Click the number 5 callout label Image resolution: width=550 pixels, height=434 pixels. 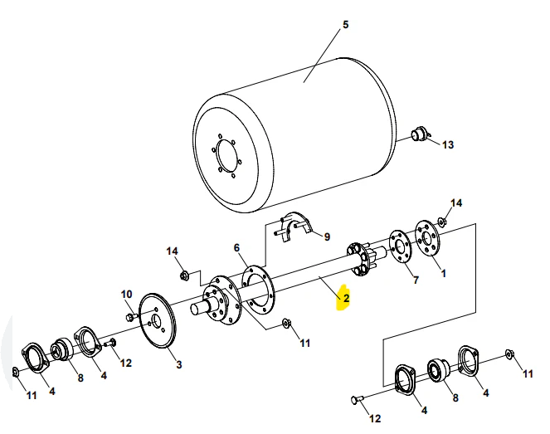coord(346,24)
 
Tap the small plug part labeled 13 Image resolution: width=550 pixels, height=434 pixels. coord(420,134)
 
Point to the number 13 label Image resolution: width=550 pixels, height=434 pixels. coord(448,145)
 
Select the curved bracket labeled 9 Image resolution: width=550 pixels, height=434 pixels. coord(294,225)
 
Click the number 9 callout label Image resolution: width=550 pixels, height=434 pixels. coord(326,237)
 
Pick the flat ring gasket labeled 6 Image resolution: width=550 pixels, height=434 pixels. coord(258,286)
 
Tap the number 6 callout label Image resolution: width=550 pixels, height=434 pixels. coord(236,247)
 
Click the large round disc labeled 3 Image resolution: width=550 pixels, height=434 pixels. coord(157,324)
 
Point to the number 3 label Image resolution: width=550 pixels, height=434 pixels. coord(178,364)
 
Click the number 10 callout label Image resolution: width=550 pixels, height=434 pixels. coord(127,294)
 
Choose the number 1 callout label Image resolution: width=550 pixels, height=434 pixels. coord(442,271)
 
